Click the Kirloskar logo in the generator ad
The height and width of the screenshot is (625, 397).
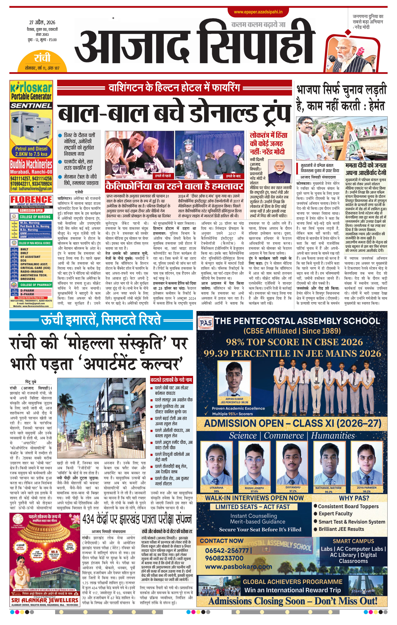coord(31,88)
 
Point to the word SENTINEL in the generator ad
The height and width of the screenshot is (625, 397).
coord(31,106)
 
